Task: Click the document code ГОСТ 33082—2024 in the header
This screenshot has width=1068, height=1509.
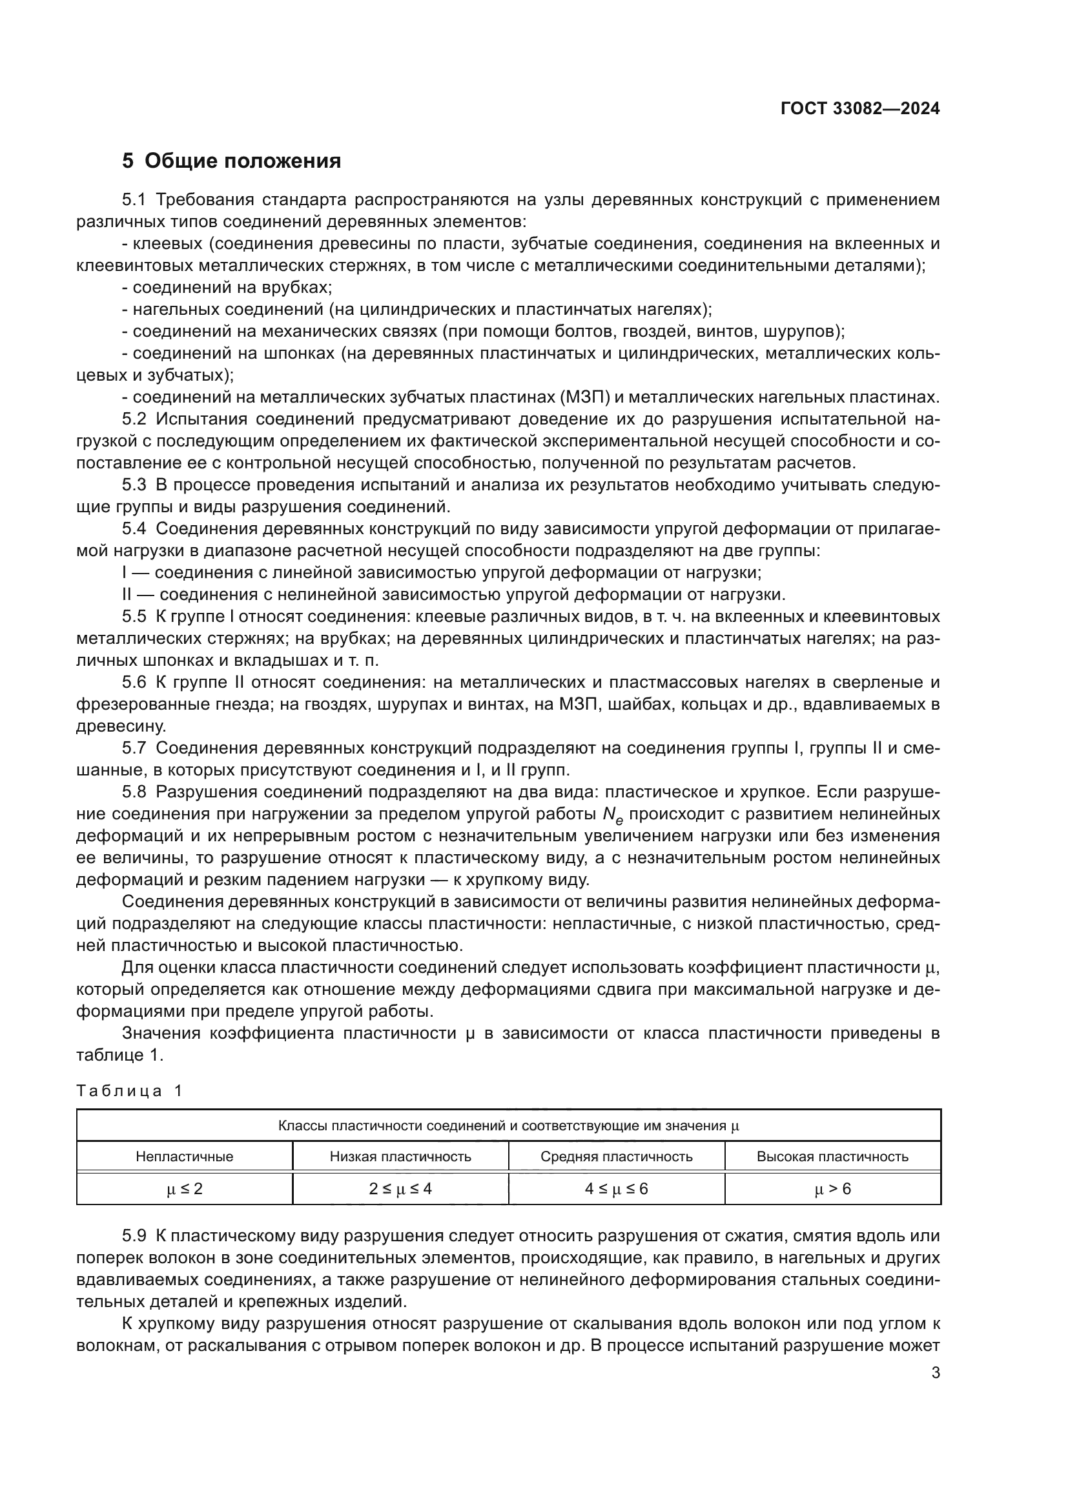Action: pyautogui.click(x=859, y=109)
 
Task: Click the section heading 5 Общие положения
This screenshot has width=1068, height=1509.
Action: pyautogui.click(x=232, y=161)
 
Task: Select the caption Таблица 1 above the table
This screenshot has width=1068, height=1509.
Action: pyautogui.click(x=129, y=1091)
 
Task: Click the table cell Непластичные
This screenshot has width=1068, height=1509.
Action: pyautogui.click(x=184, y=1157)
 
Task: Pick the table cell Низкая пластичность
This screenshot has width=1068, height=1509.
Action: pyautogui.click(x=400, y=1157)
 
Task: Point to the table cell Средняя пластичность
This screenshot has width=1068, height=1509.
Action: pyautogui.click(x=616, y=1157)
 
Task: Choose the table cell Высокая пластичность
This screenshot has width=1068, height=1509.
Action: pyautogui.click(x=832, y=1157)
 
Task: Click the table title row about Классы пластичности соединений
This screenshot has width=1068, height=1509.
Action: pyautogui.click(x=508, y=1126)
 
